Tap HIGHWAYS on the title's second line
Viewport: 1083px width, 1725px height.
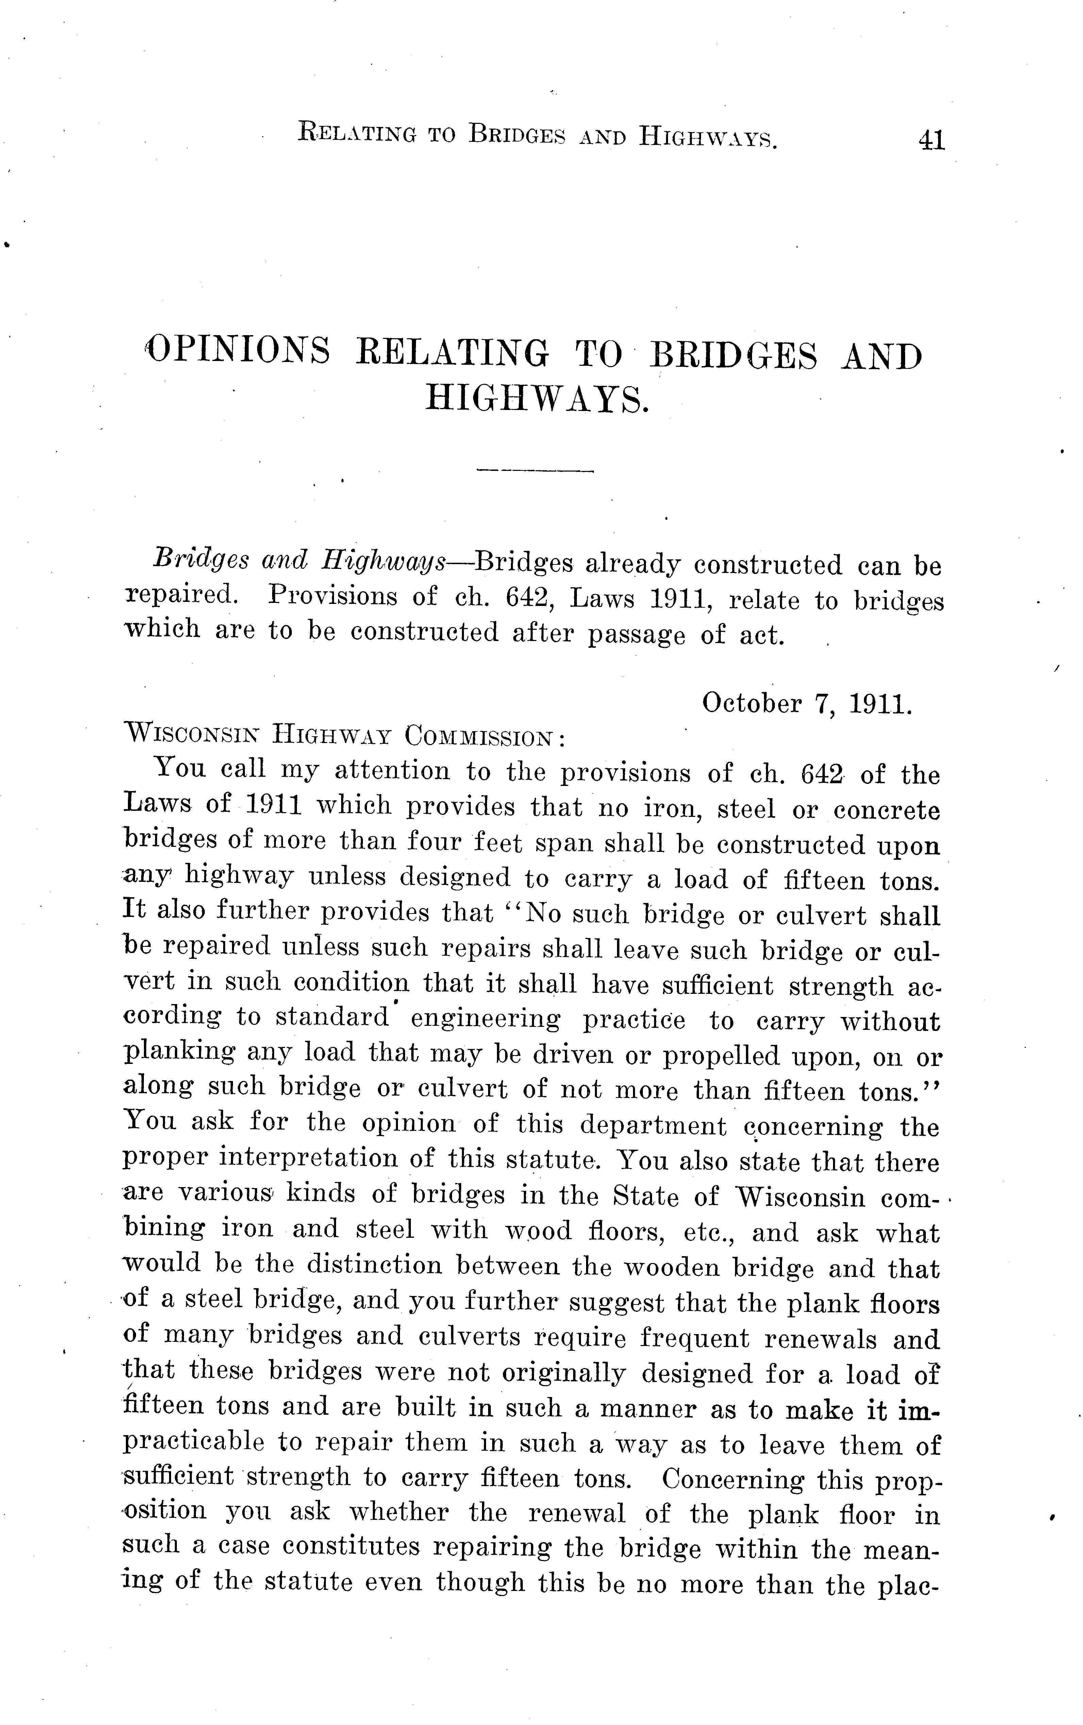point(537,399)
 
